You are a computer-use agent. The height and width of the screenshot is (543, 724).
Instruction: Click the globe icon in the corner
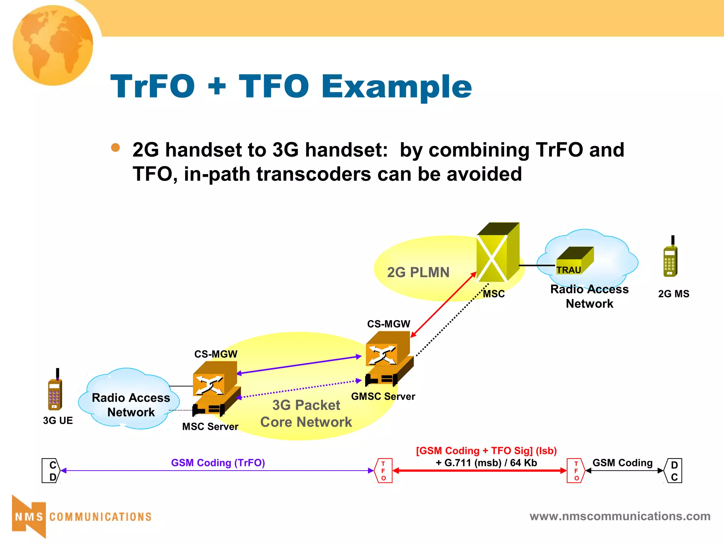coord(53,45)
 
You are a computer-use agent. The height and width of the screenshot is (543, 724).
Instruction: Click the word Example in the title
coord(396,87)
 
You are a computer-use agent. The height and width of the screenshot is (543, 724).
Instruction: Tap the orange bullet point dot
coord(115,147)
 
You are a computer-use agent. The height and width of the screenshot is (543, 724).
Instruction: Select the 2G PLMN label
coord(418,272)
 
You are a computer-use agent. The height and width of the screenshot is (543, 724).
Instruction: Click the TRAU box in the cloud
coord(574,261)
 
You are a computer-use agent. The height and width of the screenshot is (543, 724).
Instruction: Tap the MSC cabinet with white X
coord(497,253)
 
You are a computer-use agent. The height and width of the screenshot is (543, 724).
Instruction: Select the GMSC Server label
coord(383,396)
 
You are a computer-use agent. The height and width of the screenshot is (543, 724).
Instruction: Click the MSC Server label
coord(210,426)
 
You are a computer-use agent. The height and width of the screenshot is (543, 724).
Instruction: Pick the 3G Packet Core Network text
coord(306,413)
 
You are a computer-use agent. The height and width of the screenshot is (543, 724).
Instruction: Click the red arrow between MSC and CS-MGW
coord(444,304)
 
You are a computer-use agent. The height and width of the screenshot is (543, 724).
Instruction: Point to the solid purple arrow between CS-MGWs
coord(299,365)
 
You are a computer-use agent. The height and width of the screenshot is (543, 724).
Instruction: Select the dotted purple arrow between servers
coord(299,389)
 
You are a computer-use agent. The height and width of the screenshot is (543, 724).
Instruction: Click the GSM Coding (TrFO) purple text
coord(218,463)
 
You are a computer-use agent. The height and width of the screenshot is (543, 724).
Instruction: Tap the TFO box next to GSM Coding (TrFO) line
coord(383,471)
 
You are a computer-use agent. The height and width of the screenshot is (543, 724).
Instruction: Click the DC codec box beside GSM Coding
coord(673,471)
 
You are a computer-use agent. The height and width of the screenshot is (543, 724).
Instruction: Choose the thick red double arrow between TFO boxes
coord(480,471)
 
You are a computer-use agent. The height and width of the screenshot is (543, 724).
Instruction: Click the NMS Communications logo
coord(81,516)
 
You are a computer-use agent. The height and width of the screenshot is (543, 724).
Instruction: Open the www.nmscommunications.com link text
coord(620,516)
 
